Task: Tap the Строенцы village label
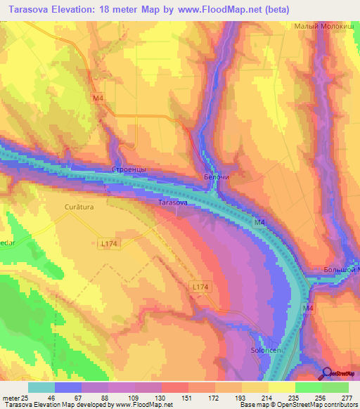[129, 170]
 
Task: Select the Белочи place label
[217, 177]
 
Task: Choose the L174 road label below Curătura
[109, 243]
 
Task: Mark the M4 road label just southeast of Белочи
[260, 223]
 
